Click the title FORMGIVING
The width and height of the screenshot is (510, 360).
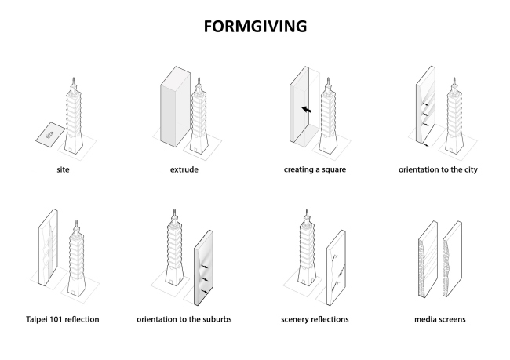pyautogui.click(x=254, y=26)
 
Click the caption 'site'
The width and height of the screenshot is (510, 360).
pyautogui.click(x=64, y=168)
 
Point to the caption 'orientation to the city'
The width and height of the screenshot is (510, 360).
pyautogui.click(x=438, y=168)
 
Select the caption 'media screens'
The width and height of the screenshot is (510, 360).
pyautogui.click(x=438, y=319)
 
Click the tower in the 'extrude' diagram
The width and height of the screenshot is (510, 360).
pyautogui.click(x=201, y=118)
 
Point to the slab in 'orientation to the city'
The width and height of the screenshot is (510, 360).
pyautogui.click(x=424, y=110)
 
